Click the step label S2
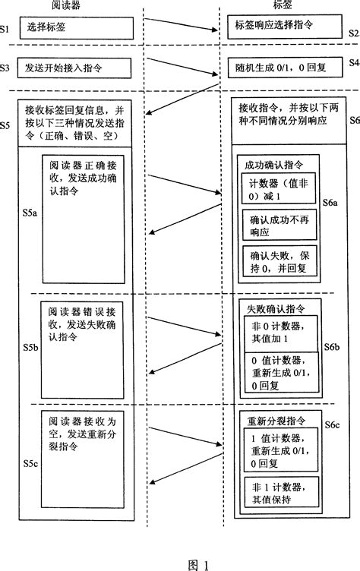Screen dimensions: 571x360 [353, 35]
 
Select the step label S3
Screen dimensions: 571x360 [6, 68]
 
